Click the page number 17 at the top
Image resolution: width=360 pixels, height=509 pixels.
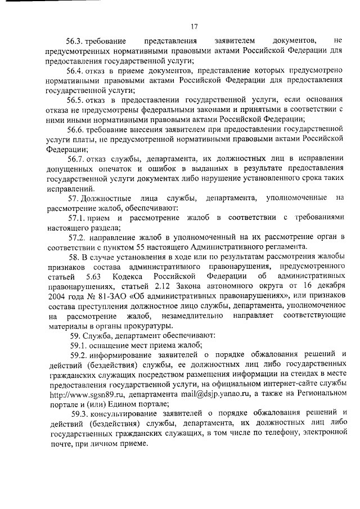pos(194,26)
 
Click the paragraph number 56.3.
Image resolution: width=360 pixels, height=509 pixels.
pos(75,41)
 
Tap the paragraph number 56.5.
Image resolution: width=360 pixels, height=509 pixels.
pos(75,100)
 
